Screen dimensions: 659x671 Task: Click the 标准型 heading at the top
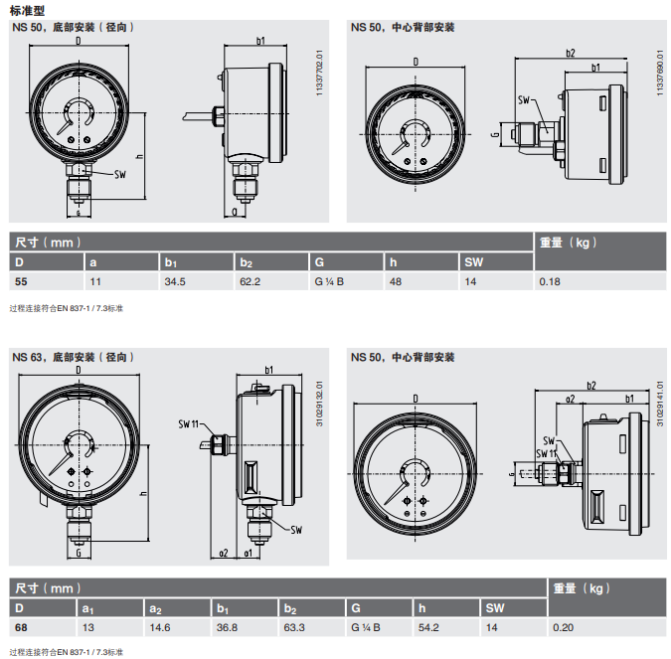29,10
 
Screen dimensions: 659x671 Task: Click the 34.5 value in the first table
176,282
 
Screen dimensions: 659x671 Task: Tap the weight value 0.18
549,282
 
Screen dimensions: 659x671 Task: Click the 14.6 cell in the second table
159,627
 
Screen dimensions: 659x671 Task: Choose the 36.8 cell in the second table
228,627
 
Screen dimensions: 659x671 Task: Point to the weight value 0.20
563,627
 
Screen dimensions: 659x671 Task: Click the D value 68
20,627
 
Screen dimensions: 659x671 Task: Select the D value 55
20,282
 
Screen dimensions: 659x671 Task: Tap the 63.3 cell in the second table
294,627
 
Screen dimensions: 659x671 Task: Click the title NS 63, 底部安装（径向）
72,357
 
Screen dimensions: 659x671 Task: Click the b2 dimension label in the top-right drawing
571,53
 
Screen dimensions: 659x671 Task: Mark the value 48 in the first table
395,282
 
